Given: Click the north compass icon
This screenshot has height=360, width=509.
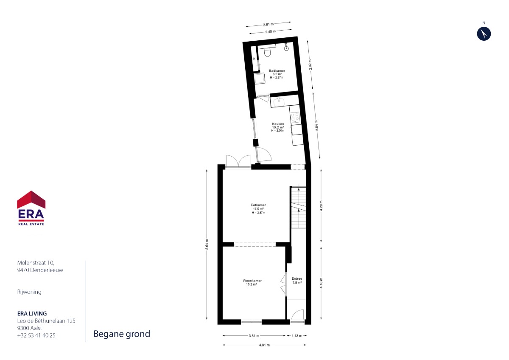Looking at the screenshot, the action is click(484, 34).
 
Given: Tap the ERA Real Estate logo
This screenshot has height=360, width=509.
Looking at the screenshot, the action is click(31, 208).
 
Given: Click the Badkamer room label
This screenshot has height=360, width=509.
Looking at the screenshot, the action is click(277, 71).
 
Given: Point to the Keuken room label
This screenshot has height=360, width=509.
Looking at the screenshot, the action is click(278, 124).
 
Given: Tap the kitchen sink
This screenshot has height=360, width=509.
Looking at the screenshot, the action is click(279, 101).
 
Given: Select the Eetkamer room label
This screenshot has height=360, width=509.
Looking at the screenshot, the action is click(258, 205).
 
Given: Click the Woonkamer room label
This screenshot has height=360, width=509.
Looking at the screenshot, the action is click(252, 281).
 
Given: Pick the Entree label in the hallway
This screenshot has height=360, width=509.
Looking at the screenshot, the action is click(297, 278).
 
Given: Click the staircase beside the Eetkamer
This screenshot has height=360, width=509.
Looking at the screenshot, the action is click(298, 207).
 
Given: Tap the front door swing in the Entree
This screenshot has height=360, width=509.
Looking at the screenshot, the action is click(297, 315).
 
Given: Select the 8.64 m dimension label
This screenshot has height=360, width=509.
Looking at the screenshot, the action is click(207, 244).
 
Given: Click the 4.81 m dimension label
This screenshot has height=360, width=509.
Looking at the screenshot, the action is click(264, 345).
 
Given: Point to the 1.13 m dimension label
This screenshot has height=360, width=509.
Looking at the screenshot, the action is click(297, 336).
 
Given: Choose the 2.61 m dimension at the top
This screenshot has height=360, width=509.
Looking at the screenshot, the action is click(268, 24).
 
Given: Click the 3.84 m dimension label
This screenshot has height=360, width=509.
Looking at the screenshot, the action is click(317, 125).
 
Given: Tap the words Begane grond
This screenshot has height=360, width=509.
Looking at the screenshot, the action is click(122, 334).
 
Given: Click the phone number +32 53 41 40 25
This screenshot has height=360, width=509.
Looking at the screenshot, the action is click(36, 335).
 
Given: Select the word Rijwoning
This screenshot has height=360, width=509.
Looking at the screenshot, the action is click(29, 292).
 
